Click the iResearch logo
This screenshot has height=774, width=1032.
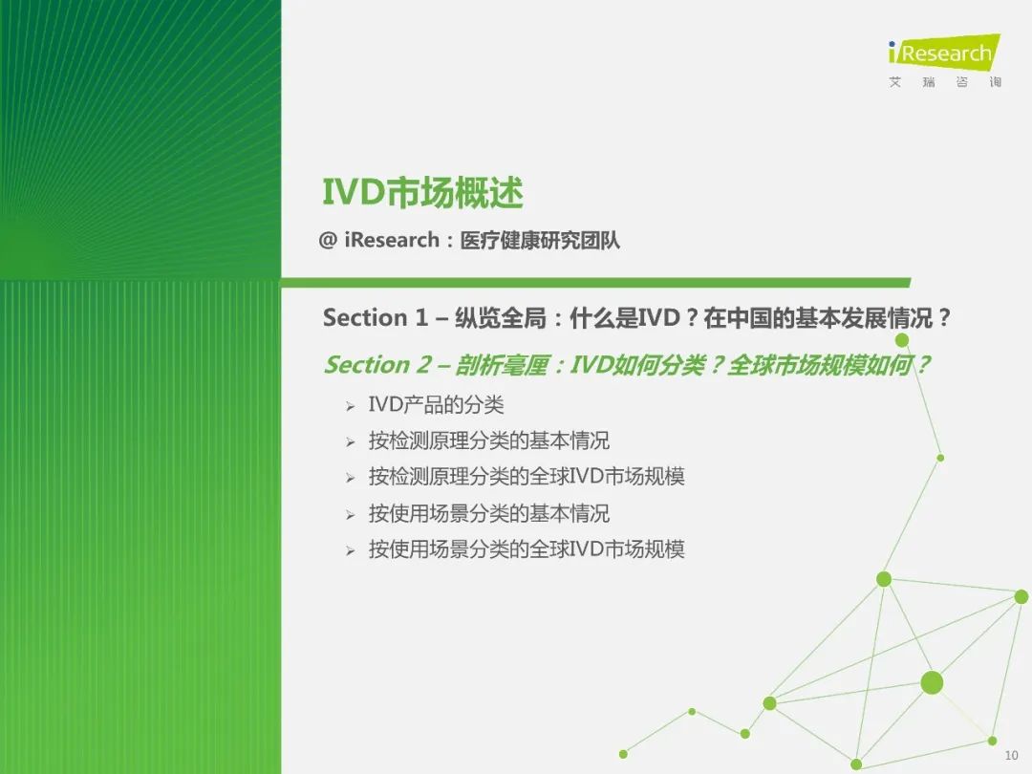click(x=944, y=52)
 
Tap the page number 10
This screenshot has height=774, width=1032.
click(x=1012, y=755)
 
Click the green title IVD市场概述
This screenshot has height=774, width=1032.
click(x=422, y=193)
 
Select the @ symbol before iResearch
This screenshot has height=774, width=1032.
click(x=328, y=240)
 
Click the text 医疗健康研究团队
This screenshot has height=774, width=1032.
click(x=540, y=240)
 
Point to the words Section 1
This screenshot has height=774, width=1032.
click(x=376, y=318)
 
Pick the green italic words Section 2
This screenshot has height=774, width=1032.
click(x=377, y=365)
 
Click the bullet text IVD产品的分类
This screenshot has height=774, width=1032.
click(x=436, y=404)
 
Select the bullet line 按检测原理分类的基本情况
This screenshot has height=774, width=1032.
click(x=489, y=441)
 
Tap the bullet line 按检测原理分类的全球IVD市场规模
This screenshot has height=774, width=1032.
click(x=527, y=477)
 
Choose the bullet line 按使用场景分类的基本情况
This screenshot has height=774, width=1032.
click(x=489, y=513)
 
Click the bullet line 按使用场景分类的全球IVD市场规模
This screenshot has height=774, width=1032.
click(x=527, y=548)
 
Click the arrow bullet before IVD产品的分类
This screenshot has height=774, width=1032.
click(x=350, y=406)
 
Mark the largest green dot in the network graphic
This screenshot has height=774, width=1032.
click(x=932, y=683)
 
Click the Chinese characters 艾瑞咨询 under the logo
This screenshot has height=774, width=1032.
click(x=944, y=82)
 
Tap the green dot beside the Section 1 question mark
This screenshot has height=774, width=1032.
click(x=902, y=340)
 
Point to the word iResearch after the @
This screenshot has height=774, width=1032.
click(x=392, y=240)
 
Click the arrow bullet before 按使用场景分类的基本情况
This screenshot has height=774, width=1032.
click(x=350, y=515)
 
